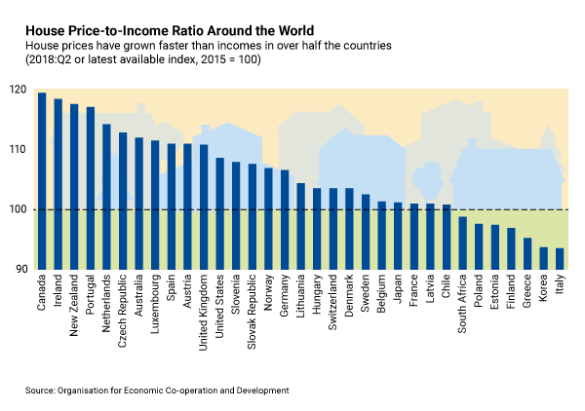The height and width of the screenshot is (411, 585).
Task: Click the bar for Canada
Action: (x=42, y=181)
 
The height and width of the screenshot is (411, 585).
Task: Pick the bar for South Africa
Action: (x=462, y=243)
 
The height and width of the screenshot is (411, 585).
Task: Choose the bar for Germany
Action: (x=285, y=219)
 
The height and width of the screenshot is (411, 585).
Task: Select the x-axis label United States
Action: (x=220, y=311)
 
